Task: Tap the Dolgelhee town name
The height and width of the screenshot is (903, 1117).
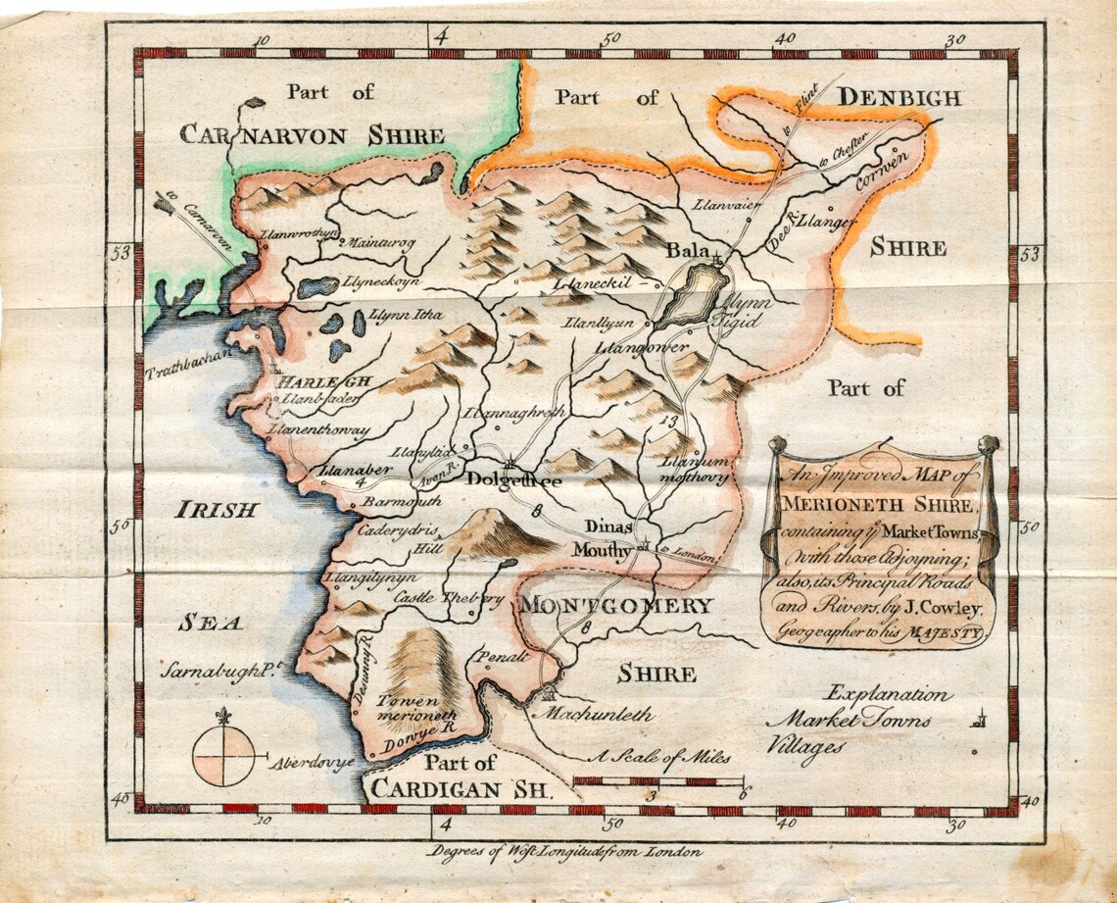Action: pyautogui.click(x=513, y=479)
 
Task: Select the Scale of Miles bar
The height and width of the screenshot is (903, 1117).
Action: pyautogui.click(x=658, y=780)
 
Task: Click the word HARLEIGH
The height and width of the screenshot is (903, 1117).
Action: pyautogui.click(x=309, y=381)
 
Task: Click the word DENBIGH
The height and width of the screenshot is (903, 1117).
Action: pyautogui.click(x=898, y=97)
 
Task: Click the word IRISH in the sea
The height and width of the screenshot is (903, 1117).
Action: pyautogui.click(x=217, y=510)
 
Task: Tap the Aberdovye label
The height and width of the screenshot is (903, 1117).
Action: pyautogui.click(x=312, y=761)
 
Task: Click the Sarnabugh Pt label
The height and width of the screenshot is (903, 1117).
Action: pyautogui.click(x=217, y=673)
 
